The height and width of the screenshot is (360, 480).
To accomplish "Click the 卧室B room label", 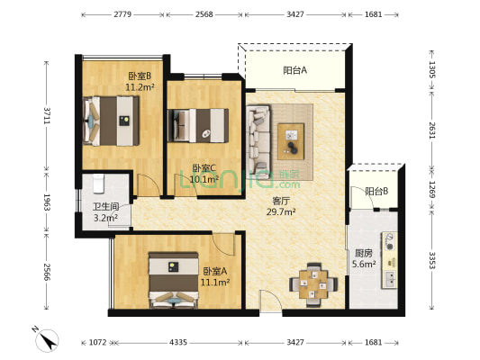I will pyautogui.click(x=139, y=76).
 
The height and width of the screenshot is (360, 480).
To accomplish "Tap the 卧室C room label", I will pyautogui.click(x=204, y=167).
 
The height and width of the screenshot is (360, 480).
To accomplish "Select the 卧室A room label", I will pyautogui.click(x=215, y=271).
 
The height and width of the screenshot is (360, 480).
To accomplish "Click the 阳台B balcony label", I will pyautogui.click(x=376, y=191).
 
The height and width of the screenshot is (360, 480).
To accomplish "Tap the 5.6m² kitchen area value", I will pyautogui.click(x=366, y=265).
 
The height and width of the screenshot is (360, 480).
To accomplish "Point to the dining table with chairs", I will pyautogui.click(x=314, y=281).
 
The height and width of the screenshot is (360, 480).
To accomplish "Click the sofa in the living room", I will pyautogui.click(x=259, y=140).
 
